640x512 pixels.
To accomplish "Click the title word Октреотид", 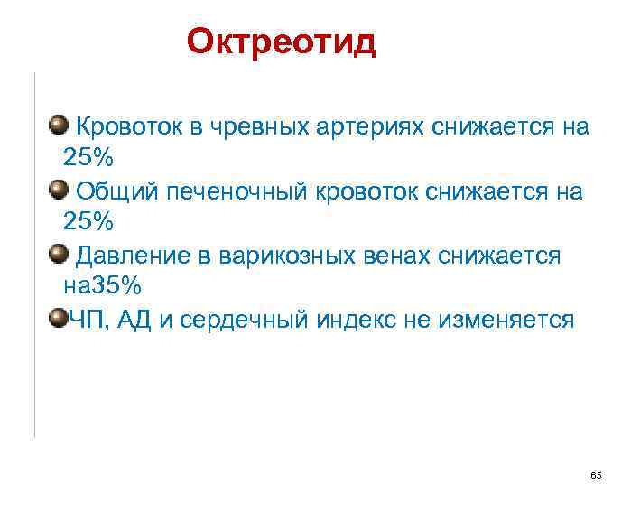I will [280, 42].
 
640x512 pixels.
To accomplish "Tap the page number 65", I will [595, 475].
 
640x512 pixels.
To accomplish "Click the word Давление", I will [126, 256].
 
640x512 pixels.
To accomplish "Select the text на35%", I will [102, 286].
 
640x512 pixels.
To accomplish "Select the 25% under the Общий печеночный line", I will [88, 221].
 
